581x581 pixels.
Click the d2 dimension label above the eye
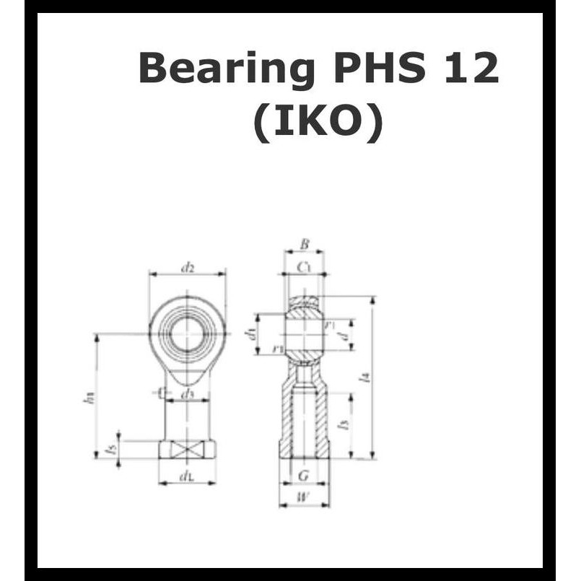(188, 268)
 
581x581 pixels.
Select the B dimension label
(304, 245)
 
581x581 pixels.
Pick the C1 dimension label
(304, 268)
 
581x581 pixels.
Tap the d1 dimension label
(250, 333)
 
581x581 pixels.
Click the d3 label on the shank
(188, 393)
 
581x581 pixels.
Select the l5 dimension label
(110, 449)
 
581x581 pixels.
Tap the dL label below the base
(187, 476)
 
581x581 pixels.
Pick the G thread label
(303, 475)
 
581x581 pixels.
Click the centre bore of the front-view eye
(187, 333)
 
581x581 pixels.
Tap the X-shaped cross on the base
(187, 449)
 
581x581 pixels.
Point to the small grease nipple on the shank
(160, 392)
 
